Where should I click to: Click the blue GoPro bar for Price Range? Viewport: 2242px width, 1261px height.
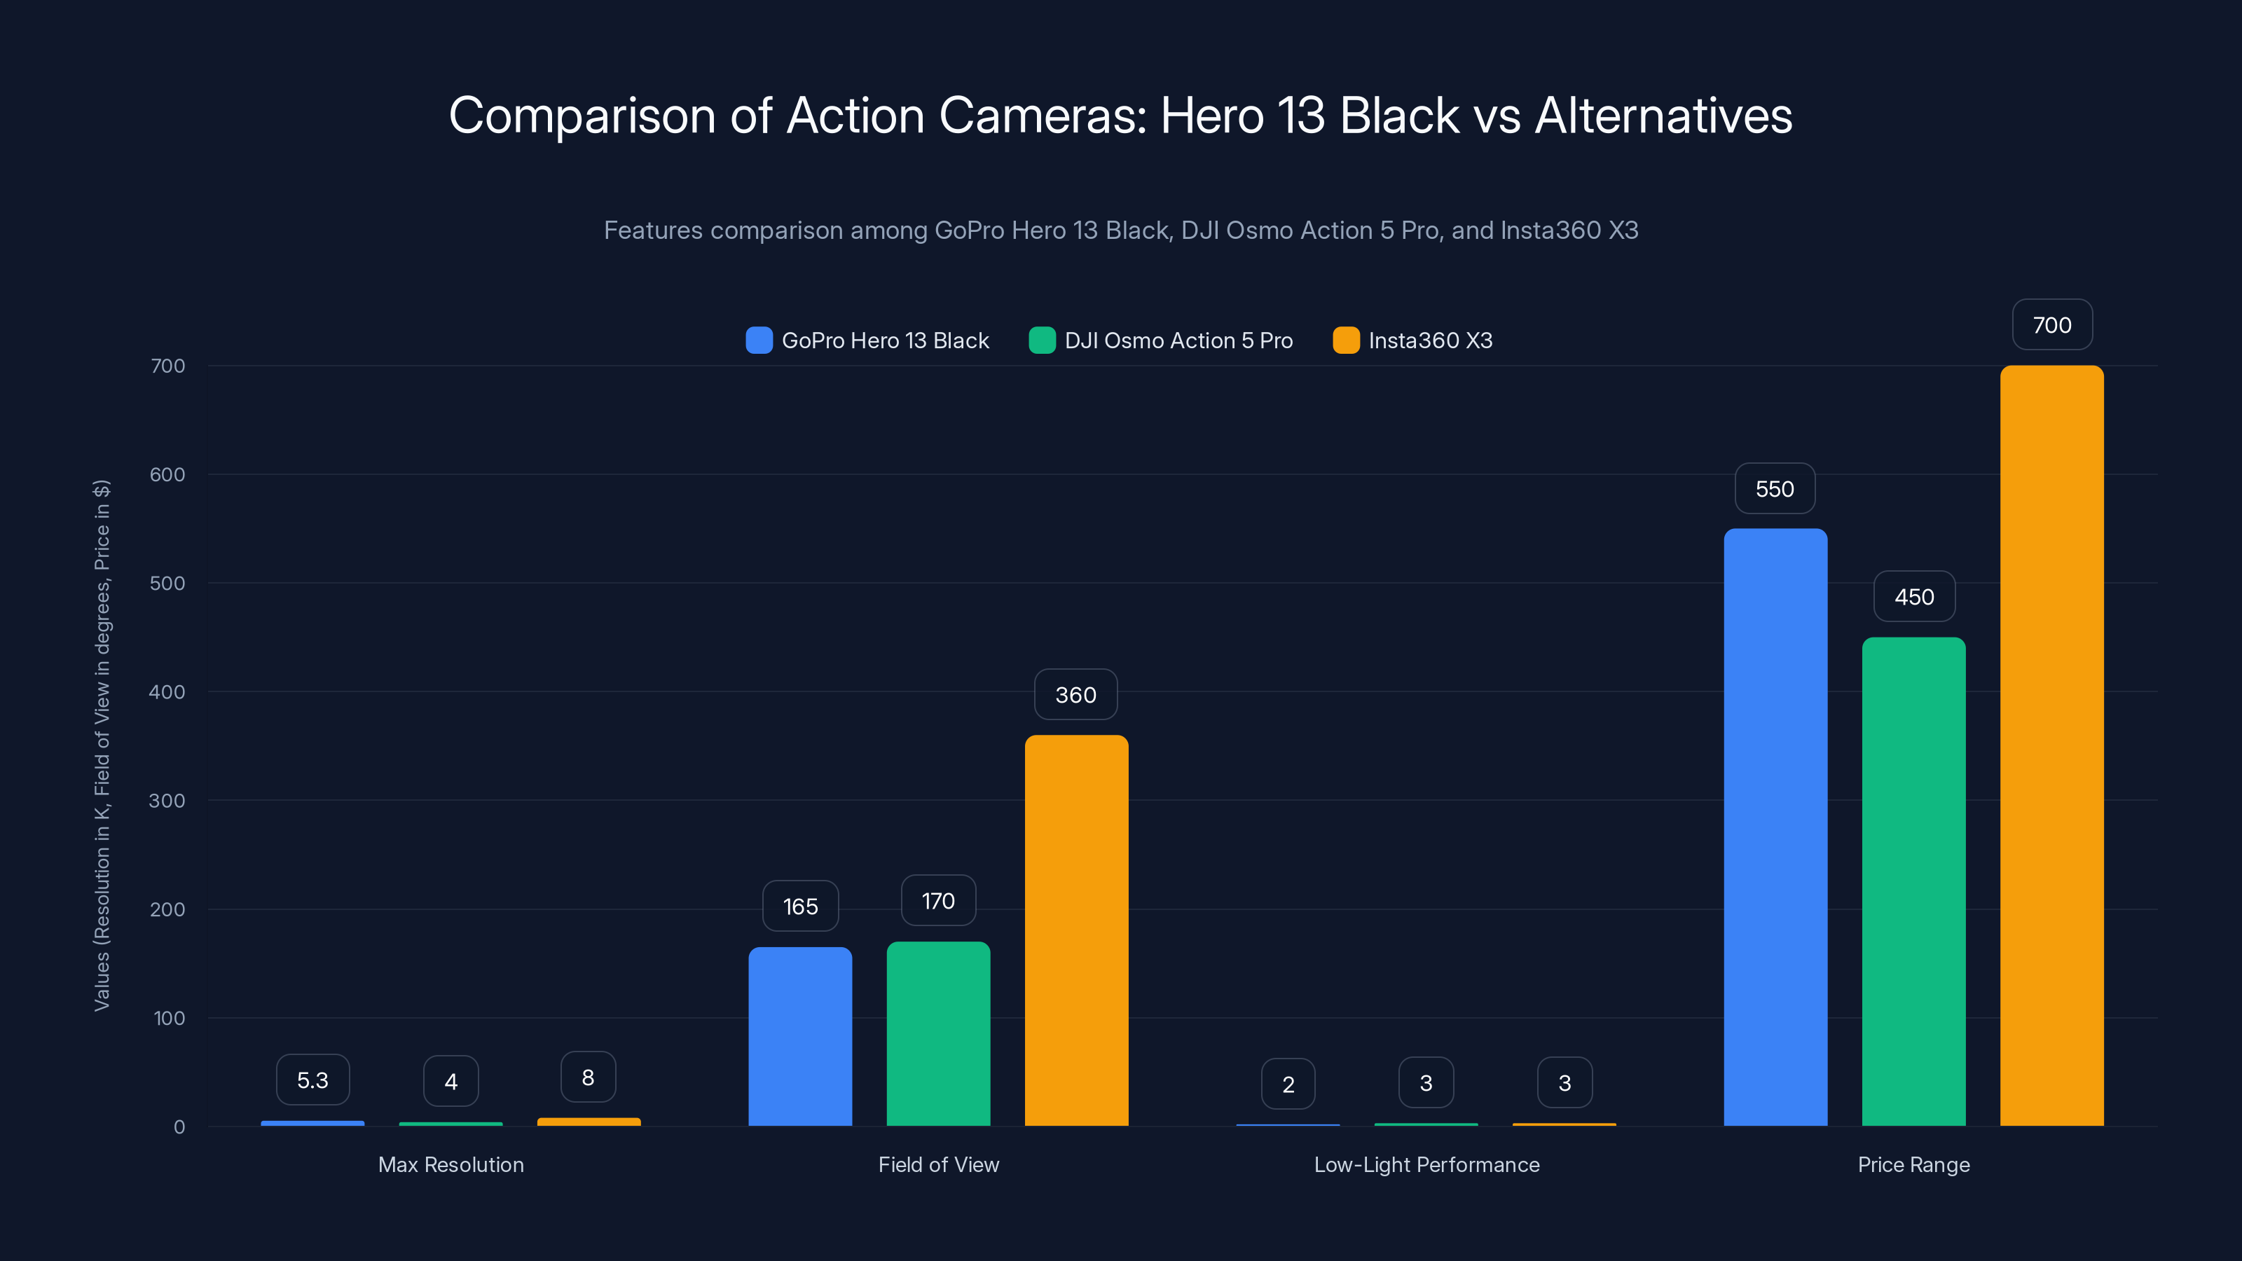(1775, 827)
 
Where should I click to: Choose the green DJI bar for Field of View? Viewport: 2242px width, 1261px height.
(938, 1033)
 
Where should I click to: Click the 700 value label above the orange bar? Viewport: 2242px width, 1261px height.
(2051, 324)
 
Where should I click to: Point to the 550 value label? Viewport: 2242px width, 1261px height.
(1775, 488)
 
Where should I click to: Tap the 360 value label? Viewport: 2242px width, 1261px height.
(1075, 694)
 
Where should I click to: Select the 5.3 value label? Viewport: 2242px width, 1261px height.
(312, 1080)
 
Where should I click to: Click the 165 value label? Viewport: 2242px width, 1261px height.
(800, 906)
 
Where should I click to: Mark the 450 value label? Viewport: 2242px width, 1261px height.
(1914, 596)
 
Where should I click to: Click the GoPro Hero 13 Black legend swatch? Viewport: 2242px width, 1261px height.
(759, 340)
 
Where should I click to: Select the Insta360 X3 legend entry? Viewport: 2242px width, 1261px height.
(1429, 340)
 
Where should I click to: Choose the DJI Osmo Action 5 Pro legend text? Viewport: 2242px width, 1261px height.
(1178, 340)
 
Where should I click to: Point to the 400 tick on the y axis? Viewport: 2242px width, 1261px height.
(167, 692)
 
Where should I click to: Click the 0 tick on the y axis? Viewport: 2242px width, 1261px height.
(179, 1127)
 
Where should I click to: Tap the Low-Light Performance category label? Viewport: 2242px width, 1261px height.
(1426, 1164)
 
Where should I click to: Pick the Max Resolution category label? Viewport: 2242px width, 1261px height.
(451, 1164)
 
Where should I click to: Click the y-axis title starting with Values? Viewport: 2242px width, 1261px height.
(102, 745)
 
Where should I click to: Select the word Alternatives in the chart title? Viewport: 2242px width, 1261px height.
(1663, 116)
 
